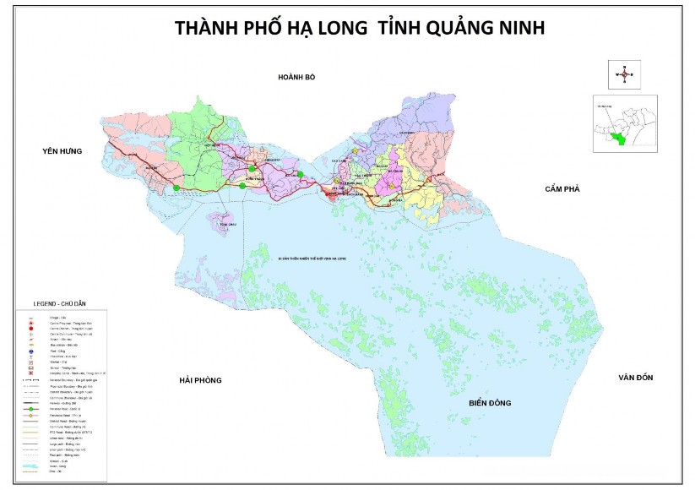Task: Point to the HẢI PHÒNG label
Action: pos(200,381)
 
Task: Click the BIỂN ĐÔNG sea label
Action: pos(491,404)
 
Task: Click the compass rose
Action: pos(625,74)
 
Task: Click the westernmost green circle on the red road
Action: pos(176,186)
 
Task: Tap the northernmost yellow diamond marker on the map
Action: pos(356,151)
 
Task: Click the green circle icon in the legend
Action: pos(30,409)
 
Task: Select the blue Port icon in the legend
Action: pos(30,350)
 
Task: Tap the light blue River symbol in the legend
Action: pos(30,465)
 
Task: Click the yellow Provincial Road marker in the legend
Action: pos(30,416)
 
